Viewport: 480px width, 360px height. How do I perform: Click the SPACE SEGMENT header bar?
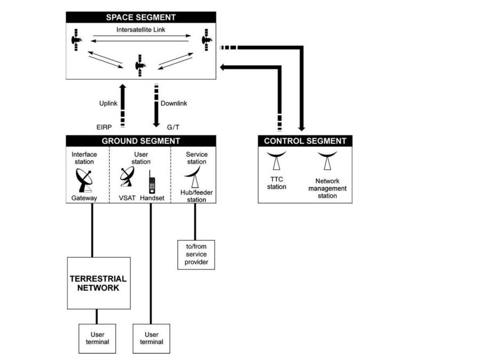pos(141,18)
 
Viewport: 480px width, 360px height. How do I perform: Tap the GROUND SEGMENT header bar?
pos(141,141)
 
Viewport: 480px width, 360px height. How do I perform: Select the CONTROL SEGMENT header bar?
pos(305,141)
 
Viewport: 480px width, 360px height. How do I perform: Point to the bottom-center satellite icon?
pos(140,65)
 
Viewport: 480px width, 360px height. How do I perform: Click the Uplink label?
pos(109,103)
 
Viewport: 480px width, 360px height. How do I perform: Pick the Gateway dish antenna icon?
pos(84,180)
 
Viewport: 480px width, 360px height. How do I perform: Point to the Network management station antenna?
pos(327,162)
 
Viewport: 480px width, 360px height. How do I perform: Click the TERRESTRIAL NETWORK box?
pos(99,283)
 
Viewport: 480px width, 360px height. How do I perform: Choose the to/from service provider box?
pos(196,254)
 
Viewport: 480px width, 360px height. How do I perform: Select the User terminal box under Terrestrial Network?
pos(97,338)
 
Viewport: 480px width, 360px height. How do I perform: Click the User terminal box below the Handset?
pos(151,338)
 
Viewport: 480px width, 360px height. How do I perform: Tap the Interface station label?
pos(83,158)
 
